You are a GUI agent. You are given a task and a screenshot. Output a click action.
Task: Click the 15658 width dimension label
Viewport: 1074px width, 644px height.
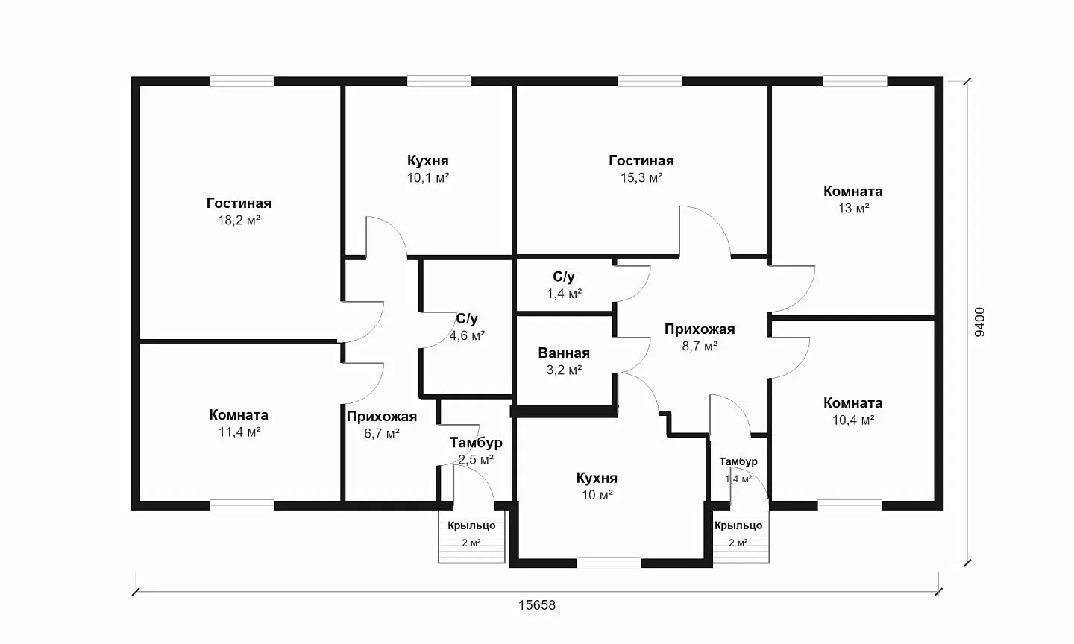pyautogui.click(x=536, y=605)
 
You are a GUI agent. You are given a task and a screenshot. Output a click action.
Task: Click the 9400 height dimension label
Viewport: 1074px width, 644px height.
pyautogui.click(x=979, y=322)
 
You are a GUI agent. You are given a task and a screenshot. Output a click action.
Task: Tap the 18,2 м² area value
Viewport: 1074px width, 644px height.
pyautogui.click(x=239, y=221)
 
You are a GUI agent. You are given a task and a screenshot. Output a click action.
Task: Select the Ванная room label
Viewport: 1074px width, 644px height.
pyautogui.click(x=564, y=353)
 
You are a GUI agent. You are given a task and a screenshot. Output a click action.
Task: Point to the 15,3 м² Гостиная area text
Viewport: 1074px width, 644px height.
pyautogui.click(x=641, y=177)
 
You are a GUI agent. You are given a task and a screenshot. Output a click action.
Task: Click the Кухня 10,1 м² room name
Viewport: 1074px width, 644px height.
pyautogui.click(x=427, y=160)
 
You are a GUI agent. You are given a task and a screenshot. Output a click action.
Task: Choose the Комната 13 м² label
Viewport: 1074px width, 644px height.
pyautogui.click(x=853, y=191)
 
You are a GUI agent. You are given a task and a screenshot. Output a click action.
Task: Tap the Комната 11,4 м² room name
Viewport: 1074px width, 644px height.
pyautogui.click(x=239, y=415)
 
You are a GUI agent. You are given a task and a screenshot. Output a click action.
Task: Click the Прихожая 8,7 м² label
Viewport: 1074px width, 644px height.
pyautogui.click(x=700, y=329)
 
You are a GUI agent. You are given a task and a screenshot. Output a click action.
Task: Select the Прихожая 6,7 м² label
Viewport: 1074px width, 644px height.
pyautogui.click(x=382, y=417)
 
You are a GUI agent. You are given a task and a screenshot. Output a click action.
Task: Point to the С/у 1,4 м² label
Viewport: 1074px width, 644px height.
pyautogui.click(x=564, y=277)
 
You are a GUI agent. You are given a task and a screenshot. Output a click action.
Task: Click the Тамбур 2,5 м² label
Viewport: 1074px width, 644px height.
pyautogui.click(x=476, y=442)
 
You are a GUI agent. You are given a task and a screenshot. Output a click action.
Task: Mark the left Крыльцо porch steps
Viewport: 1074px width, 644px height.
pyautogui.click(x=472, y=536)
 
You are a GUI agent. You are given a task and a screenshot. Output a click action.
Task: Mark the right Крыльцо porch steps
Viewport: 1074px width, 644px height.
pyautogui.click(x=741, y=536)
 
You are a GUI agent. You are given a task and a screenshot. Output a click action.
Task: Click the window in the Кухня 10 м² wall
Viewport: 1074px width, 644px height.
pyautogui.click(x=609, y=563)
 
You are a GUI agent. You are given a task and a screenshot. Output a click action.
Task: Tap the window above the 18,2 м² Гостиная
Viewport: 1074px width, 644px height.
pyautogui.click(x=242, y=81)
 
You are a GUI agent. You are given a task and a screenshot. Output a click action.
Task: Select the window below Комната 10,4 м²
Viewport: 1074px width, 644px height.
pyautogui.click(x=850, y=505)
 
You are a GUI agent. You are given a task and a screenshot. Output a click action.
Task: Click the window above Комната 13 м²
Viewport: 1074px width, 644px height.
pyautogui.click(x=855, y=81)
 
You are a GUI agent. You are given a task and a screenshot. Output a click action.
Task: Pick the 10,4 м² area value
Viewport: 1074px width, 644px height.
pyautogui.click(x=853, y=420)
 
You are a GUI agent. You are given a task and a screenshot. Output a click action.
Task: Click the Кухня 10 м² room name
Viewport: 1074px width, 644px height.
pyautogui.click(x=597, y=479)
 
